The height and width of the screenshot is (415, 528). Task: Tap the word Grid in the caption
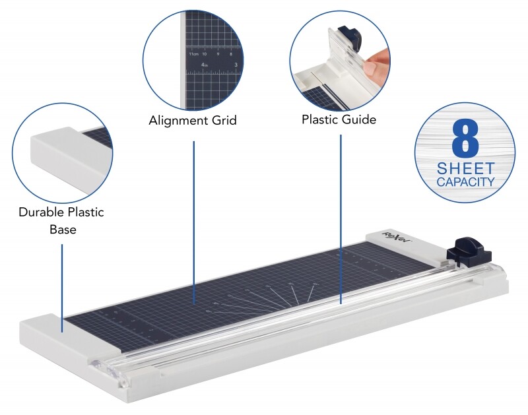pyautogui.click(x=222, y=121)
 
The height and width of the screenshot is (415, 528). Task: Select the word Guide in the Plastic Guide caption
pyautogui.click(x=360, y=119)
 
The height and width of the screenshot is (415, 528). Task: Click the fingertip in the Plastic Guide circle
pyautogui.click(x=375, y=66)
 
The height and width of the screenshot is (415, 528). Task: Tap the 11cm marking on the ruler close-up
pyautogui.click(x=193, y=54)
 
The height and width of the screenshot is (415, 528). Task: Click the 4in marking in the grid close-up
pyautogui.click(x=205, y=65)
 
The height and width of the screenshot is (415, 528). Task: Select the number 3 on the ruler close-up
pyautogui.click(x=236, y=65)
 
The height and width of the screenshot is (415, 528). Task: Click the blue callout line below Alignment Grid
pyautogui.click(x=194, y=218)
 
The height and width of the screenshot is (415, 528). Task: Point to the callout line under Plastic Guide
pyautogui.click(x=341, y=218)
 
